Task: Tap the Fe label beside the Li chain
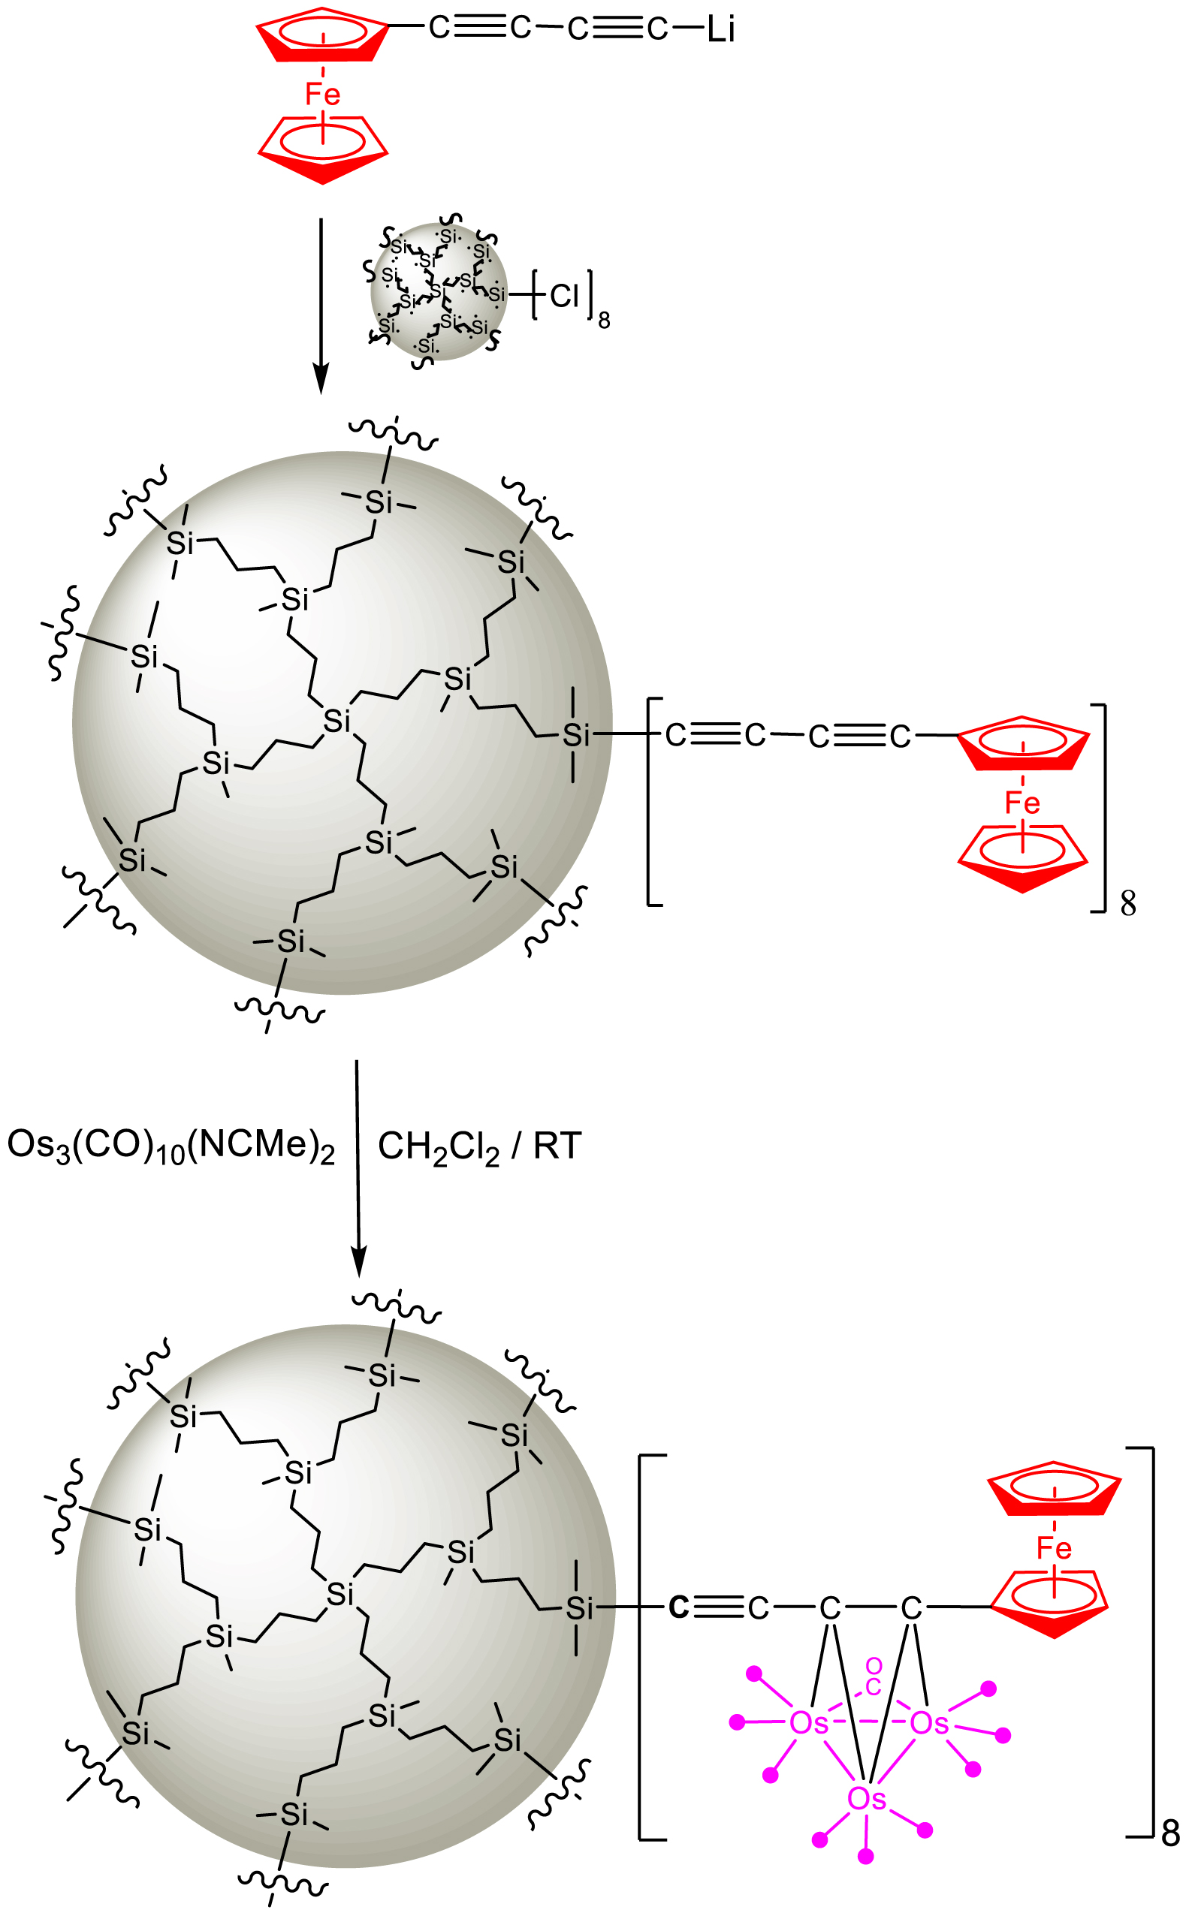coord(322,95)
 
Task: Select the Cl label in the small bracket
coord(564,297)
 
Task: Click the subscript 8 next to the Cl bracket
coord(604,321)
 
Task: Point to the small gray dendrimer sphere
coord(439,291)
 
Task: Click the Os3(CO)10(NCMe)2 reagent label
coord(171,1146)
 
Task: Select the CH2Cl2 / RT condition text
coord(480,1146)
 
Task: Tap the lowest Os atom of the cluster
coord(867,1814)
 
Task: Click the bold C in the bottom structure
coord(679,1607)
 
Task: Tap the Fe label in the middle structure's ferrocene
coord(1022,803)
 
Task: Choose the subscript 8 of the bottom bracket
coord(1171,1833)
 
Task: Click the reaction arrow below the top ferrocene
coord(321,306)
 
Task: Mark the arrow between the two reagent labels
coord(358,1168)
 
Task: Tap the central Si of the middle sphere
coord(336,721)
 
